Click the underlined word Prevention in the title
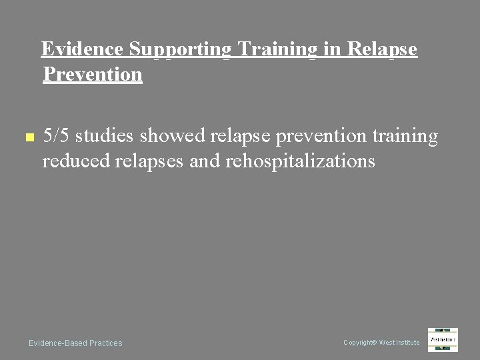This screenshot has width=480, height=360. pyautogui.click(x=93, y=74)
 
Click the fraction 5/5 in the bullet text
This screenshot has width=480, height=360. pyautogui.click(x=56, y=137)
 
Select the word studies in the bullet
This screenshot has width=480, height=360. pyautogui.click(x=103, y=137)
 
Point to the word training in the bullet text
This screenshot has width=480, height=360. pyautogui.click(x=405, y=137)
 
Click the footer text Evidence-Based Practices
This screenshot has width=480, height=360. pyautogui.click(x=75, y=343)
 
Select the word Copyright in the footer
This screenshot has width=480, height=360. pyautogui.click(x=359, y=343)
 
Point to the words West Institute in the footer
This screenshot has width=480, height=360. pyautogui.click(x=399, y=343)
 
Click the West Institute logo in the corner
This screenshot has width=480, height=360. pyautogui.click(x=443, y=340)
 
